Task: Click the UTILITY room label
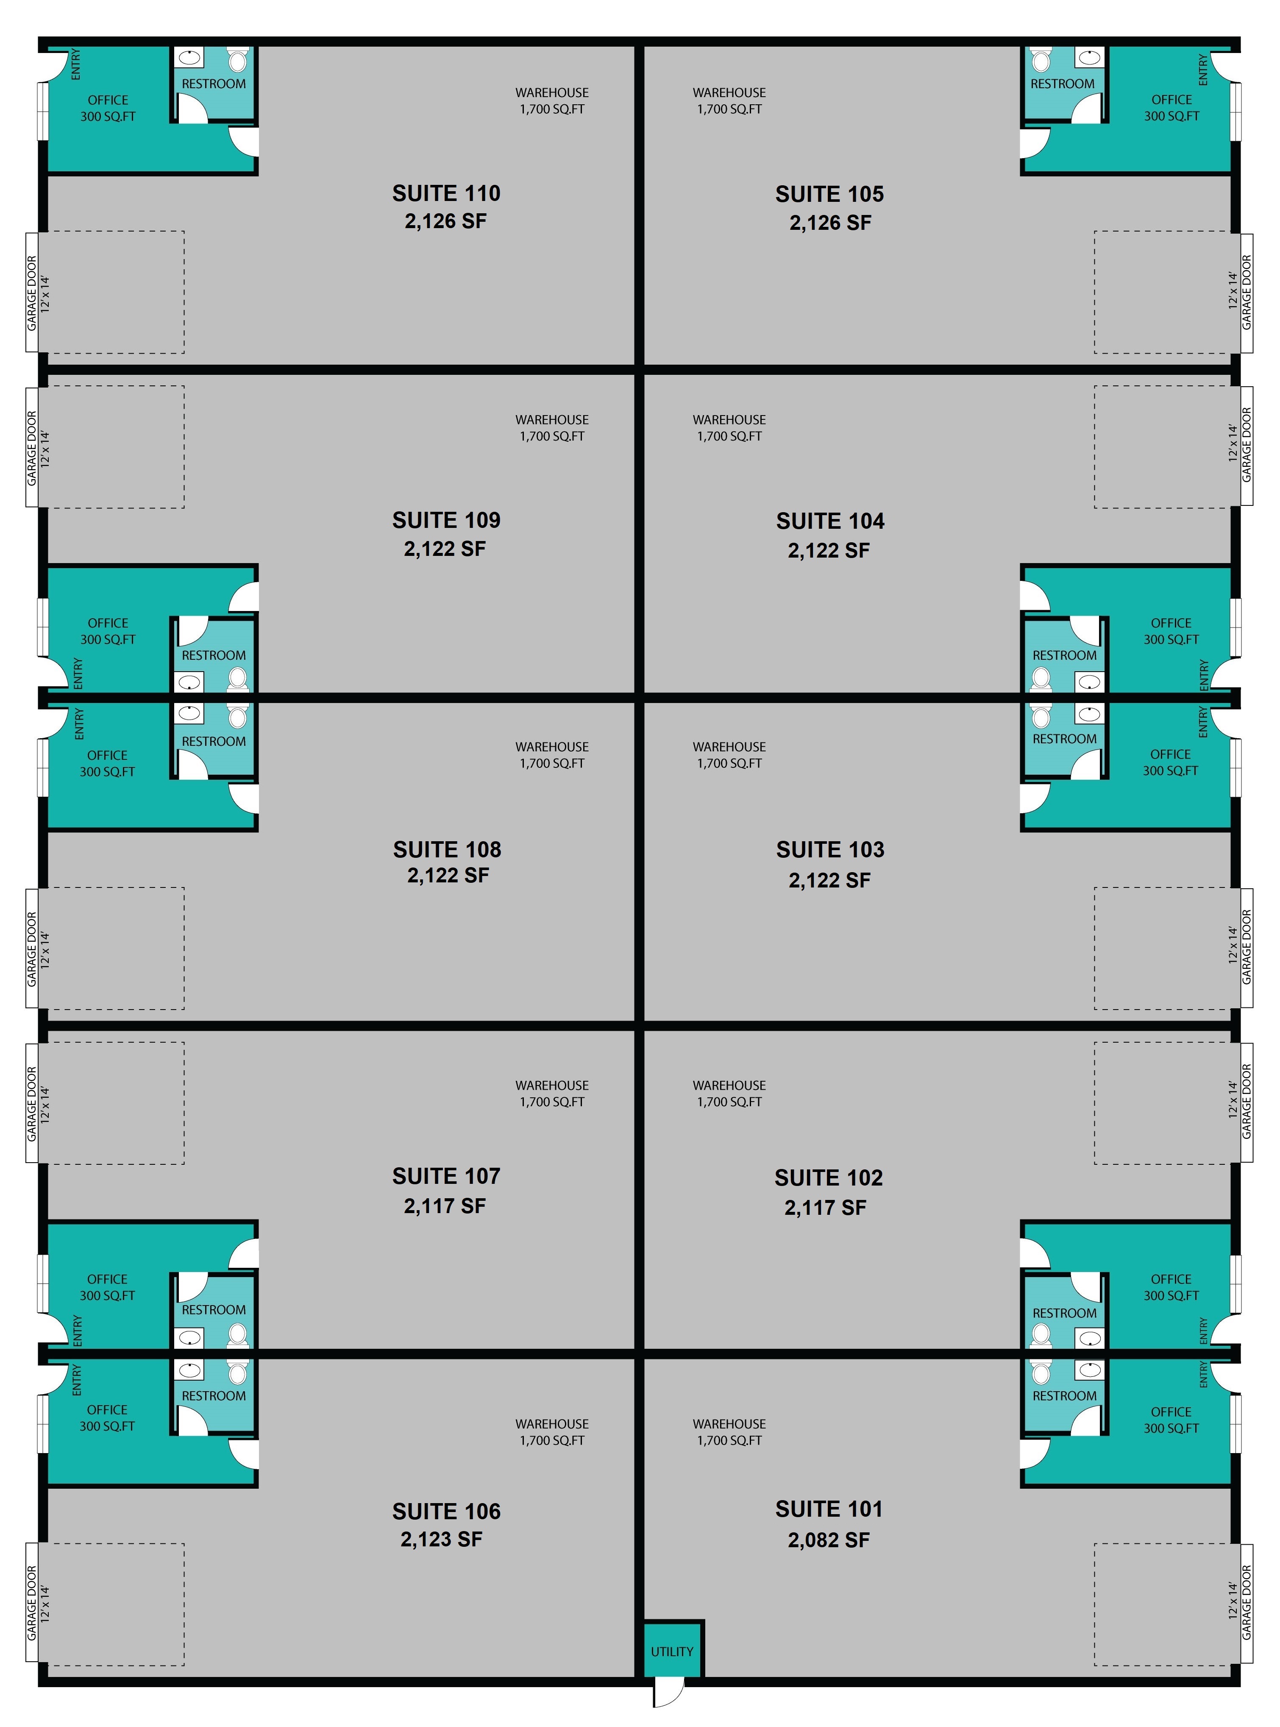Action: point(672,1651)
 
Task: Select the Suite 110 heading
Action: point(446,193)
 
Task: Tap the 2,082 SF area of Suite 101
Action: point(829,1540)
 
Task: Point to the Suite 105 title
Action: point(830,194)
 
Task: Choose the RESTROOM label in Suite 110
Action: point(214,84)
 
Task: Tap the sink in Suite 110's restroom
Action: point(189,57)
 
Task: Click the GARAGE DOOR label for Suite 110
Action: point(32,293)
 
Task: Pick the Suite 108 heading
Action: point(447,850)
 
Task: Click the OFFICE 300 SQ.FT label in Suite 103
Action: point(1171,762)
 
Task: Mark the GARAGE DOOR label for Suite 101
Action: point(1247,1602)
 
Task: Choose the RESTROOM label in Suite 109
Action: point(214,655)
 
